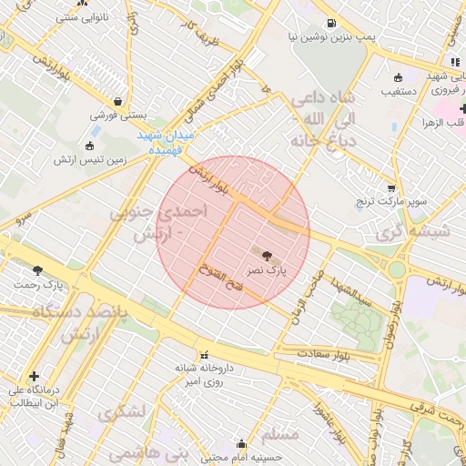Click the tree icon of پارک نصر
pyautogui.click(x=266, y=256)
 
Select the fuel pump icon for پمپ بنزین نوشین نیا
pyautogui.click(x=329, y=24)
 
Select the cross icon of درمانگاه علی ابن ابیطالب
pyautogui.click(x=35, y=375)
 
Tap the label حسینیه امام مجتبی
pyautogui.click(x=241, y=458)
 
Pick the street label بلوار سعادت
pyautogui.click(x=327, y=350)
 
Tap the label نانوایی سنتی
pyautogui.click(x=79, y=17)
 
